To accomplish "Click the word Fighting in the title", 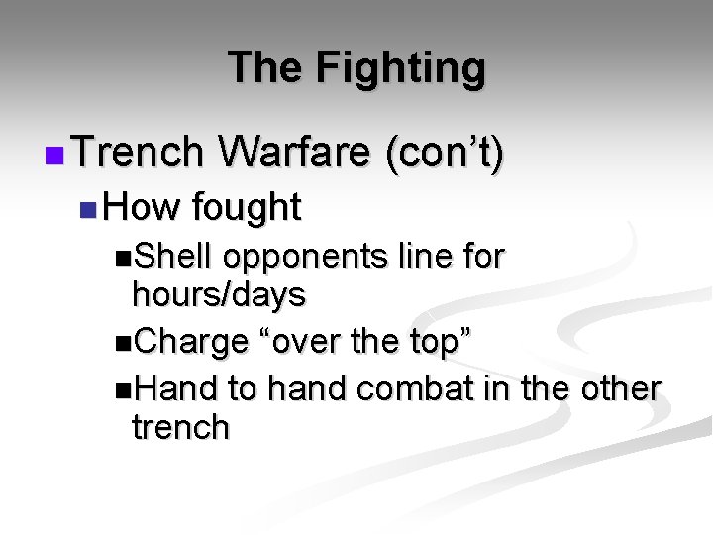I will tap(401, 68).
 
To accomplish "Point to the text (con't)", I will tap(445, 153).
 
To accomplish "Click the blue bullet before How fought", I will tap(88, 209).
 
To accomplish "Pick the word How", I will tap(142, 207).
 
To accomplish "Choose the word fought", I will tap(247, 207).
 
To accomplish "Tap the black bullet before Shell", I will tap(122, 258).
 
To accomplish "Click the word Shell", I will tap(173, 257).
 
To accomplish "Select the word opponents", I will tap(304, 257).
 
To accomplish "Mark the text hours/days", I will tap(219, 294).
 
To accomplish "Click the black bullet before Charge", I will tap(122, 343).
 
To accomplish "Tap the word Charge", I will tap(191, 342).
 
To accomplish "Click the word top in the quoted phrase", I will tap(434, 342).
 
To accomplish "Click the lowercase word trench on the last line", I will tap(180, 427).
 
